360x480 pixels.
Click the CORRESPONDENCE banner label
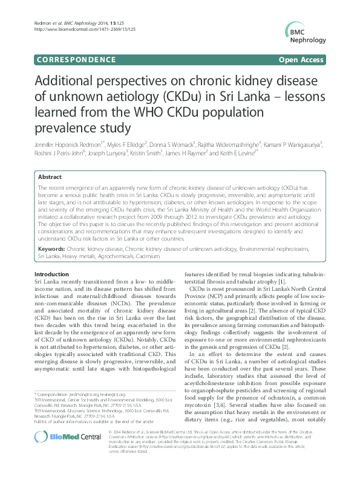(x=76, y=60)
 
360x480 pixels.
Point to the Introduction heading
(x=52, y=274)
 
